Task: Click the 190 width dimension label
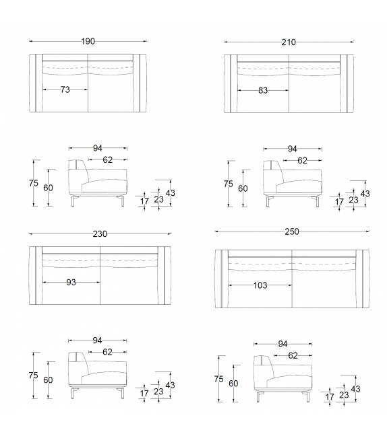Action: (88, 42)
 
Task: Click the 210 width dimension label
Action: (289, 42)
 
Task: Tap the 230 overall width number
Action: (100, 234)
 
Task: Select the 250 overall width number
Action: (291, 231)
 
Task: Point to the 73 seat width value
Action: (65, 89)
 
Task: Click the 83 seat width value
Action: (262, 89)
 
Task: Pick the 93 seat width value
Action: (71, 282)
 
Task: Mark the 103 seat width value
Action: (260, 285)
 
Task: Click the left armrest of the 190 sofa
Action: (36, 81)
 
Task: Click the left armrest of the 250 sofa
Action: (221, 279)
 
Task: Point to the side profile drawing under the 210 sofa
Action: (293, 180)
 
